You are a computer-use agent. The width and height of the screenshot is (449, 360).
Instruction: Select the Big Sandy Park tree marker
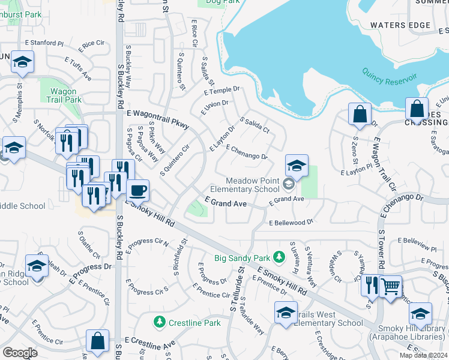click(279, 257)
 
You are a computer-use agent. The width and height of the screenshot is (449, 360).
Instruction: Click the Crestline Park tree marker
click(160, 322)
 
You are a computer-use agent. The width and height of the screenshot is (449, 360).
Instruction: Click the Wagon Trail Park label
click(62, 95)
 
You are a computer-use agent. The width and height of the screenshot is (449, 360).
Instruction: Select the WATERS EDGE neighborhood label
click(400, 25)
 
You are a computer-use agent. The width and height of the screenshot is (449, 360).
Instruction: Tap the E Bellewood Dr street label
click(291, 222)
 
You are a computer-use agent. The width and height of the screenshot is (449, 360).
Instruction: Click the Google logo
click(20, 353)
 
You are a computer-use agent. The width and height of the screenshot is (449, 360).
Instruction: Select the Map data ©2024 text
click(423, 355)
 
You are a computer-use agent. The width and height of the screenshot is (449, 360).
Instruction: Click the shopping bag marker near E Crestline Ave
click(97, 341)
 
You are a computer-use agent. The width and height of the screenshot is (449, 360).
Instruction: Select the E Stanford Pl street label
click(44, 43)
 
